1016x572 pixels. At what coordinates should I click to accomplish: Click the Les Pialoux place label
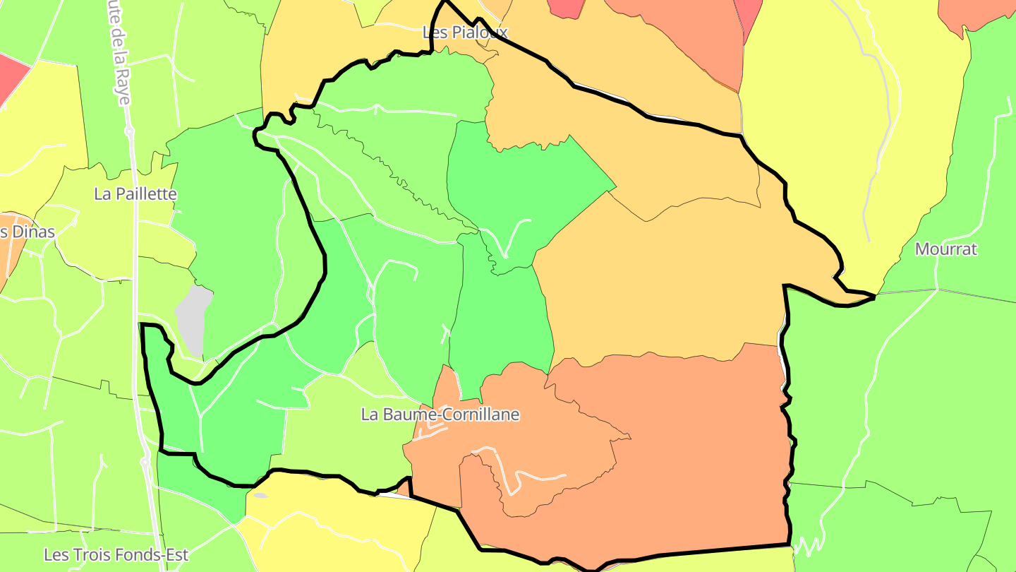[x=465, y=32]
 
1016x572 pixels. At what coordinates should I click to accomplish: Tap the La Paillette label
[x=135, y=193]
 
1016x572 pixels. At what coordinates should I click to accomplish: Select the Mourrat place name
[x=945, y=249]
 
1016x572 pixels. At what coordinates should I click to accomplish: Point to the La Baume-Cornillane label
[x=440, y=415]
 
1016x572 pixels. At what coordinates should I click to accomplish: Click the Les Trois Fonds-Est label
[x=116, y=555]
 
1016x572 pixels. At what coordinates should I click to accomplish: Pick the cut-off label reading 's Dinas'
[x=27, y=232]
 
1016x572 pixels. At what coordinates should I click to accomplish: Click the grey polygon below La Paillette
[x=193, y=319]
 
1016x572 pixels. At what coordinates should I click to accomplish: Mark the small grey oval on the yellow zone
[x=260, y=496]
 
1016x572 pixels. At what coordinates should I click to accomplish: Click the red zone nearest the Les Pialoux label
[x=567, y=7]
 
